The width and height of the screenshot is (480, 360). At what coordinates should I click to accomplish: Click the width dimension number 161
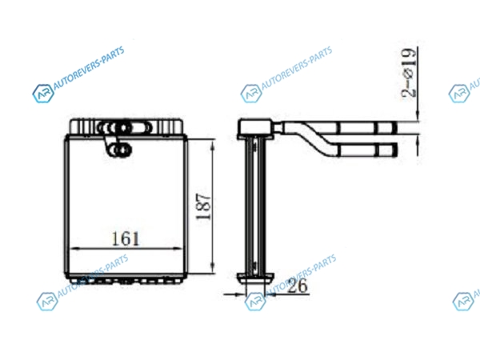click(126, 238)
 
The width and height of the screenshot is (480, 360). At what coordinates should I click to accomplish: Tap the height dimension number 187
click(204, 206)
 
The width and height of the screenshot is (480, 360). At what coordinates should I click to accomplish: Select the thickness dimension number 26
click(298, 286)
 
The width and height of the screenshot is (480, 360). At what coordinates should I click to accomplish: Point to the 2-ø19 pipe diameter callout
click(410, 73)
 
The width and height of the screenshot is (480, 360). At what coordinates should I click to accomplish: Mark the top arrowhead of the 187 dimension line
click(213, 145)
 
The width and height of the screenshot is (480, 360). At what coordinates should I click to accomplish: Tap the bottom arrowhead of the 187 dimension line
click(213, 267)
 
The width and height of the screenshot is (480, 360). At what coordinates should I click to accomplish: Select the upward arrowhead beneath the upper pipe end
click(418, 139)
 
